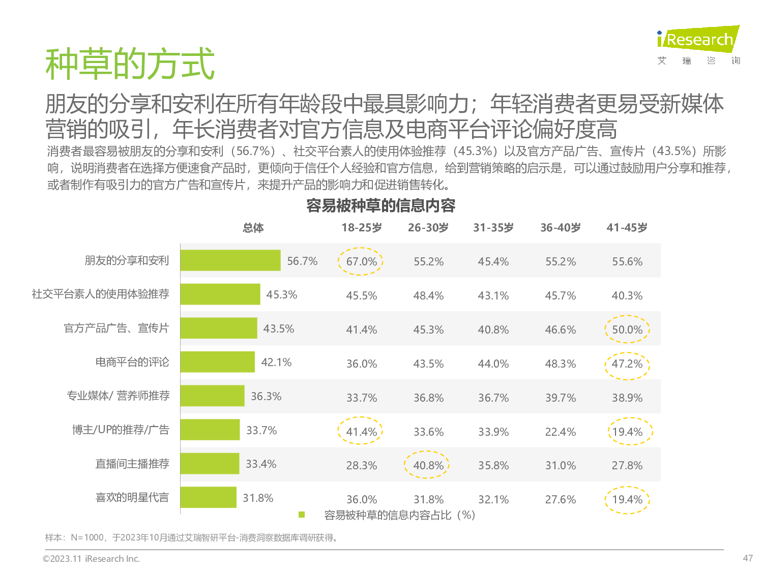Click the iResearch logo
(698, 40)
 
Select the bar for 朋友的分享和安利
(230, 260)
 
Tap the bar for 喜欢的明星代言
(208, 497)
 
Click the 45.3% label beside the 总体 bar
(281, 295)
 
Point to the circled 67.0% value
(361, 261)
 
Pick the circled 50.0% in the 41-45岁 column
(627, 329)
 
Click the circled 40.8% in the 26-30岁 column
(428, 465)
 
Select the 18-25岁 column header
(361, 228)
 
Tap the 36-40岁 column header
(560, 228)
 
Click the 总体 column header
(253, 228)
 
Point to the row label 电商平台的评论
(132, 362)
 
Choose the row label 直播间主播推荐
(132, 464)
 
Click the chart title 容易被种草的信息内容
(380, 205)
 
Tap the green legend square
(302, 515)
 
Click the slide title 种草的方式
(130, 64)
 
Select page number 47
(747, 558)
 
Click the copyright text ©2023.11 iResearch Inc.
(92, 559)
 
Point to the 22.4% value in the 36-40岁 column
(560, 432)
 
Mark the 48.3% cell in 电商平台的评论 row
(560, 364)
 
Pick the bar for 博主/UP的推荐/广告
(210, 430)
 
